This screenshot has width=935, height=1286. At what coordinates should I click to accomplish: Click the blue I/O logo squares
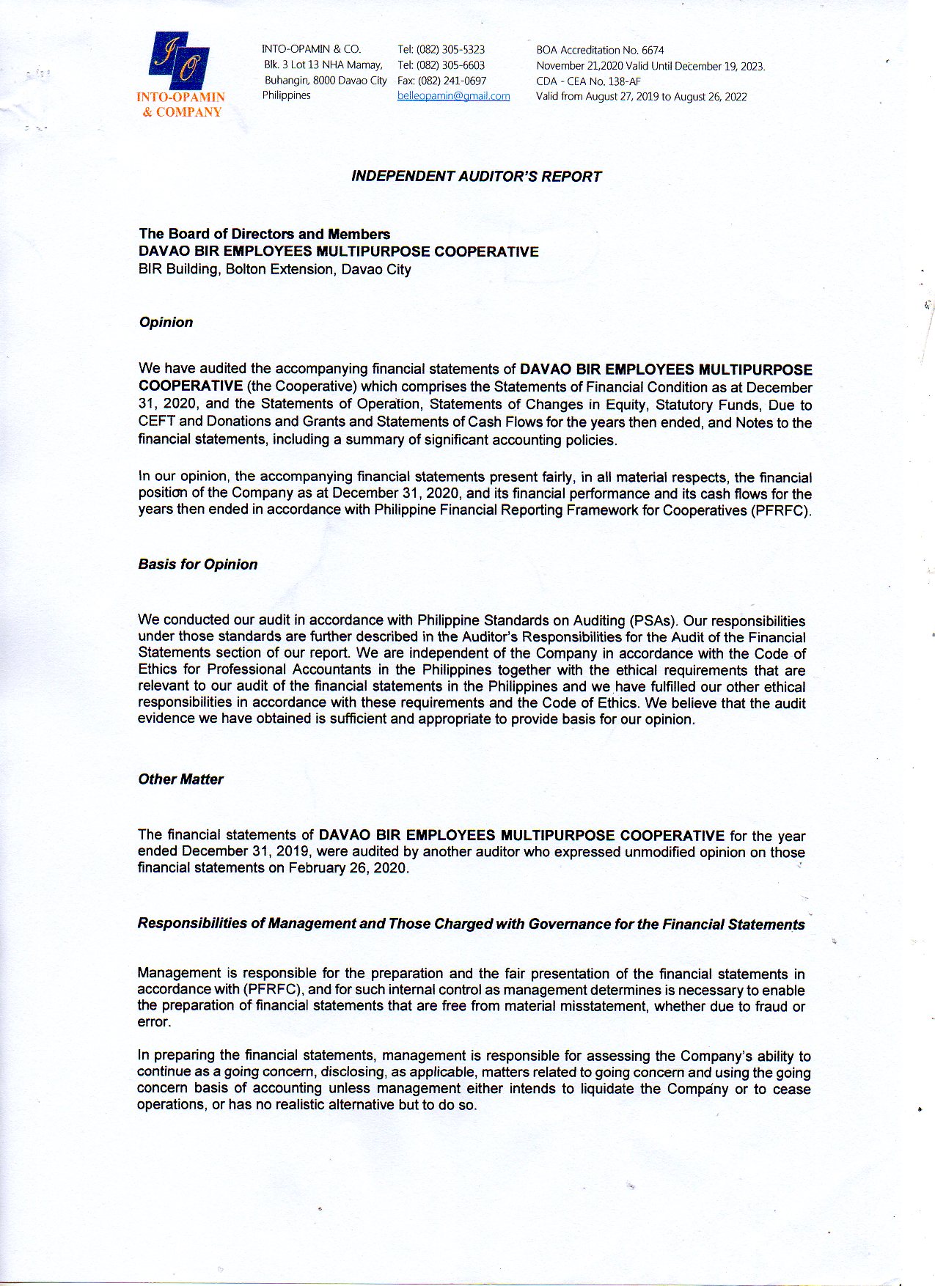coord(180,60)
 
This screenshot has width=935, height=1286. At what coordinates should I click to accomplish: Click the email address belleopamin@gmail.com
coord(453,96)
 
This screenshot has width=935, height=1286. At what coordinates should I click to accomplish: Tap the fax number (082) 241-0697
coord(452,81)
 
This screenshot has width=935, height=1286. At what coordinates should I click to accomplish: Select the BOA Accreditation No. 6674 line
coord(600,50)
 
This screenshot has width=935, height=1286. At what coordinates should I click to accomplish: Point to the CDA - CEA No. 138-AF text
coord(588,81)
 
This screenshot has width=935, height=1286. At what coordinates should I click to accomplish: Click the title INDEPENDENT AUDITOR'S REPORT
coord(476,176)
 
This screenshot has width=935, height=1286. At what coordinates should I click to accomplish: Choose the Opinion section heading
coord(166,322)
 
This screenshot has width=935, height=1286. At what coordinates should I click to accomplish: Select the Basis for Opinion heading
coord(198,564)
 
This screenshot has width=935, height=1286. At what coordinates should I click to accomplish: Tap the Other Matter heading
coord(180,779)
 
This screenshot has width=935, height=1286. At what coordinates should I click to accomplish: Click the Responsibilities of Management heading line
coord(471,924)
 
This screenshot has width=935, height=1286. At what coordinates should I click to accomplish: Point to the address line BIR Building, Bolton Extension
coord(274,269)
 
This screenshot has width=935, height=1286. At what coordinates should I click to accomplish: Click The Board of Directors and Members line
coord(264,234)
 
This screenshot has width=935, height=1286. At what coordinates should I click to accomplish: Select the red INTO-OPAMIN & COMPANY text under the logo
coord(181,104)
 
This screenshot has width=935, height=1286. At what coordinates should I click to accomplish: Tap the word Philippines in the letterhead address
coord(286,95)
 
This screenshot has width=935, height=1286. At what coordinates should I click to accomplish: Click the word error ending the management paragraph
coord(153,1022)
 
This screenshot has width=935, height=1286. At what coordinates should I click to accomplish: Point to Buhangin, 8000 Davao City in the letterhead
coord(325,80)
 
